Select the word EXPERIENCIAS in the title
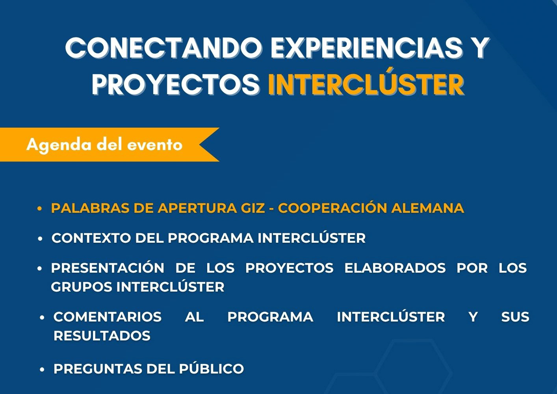pyautogui.click(x=366, y=48)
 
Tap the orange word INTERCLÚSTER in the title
pyautogui.click(x=366, y=85)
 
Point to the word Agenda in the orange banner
pyautogui.click(x=59, y=145)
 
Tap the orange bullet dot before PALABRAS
pyautogui.click(x=39, y=208)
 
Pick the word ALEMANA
pyautogui.click(x=427, y=208)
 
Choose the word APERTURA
pyautogui.click(x=197, y=208)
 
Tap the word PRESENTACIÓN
pyautogui.click(x=108, y=268)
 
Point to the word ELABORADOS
pyautogui.click(x=395, y=268)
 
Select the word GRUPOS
pyautogui.click(x=82, y=287)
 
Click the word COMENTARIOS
pyautogui.click(x=108, y=317)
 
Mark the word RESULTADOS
pyautogui.click(x=102, y=336)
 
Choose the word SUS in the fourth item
pyautogui.click(x=515, y=317)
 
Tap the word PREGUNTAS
pyautogui.click(x=98, y=369)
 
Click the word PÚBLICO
pyautogui.click(x=212, y=369)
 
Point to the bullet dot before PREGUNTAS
pyautogui.click(x=42, y=370)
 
